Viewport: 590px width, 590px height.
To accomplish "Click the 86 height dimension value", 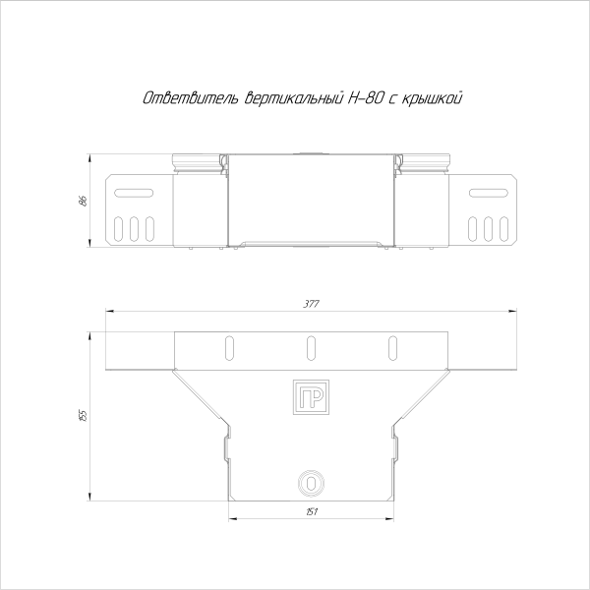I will [84, 200].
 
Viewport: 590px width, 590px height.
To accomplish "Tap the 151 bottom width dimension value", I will [311, 512].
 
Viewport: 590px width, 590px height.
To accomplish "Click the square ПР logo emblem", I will [311, 396].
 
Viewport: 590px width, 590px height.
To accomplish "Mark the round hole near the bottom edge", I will [311, 483].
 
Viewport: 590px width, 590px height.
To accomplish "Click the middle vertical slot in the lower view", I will [311, 347].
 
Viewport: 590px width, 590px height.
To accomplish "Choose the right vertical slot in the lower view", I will [393, 347].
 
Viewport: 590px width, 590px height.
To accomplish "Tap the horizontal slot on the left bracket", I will [134, 193].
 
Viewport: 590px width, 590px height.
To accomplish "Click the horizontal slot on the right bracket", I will [488, 193].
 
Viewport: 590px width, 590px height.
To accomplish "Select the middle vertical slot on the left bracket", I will [134, 227].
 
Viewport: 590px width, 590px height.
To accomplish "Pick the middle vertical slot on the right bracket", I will [488, 227].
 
